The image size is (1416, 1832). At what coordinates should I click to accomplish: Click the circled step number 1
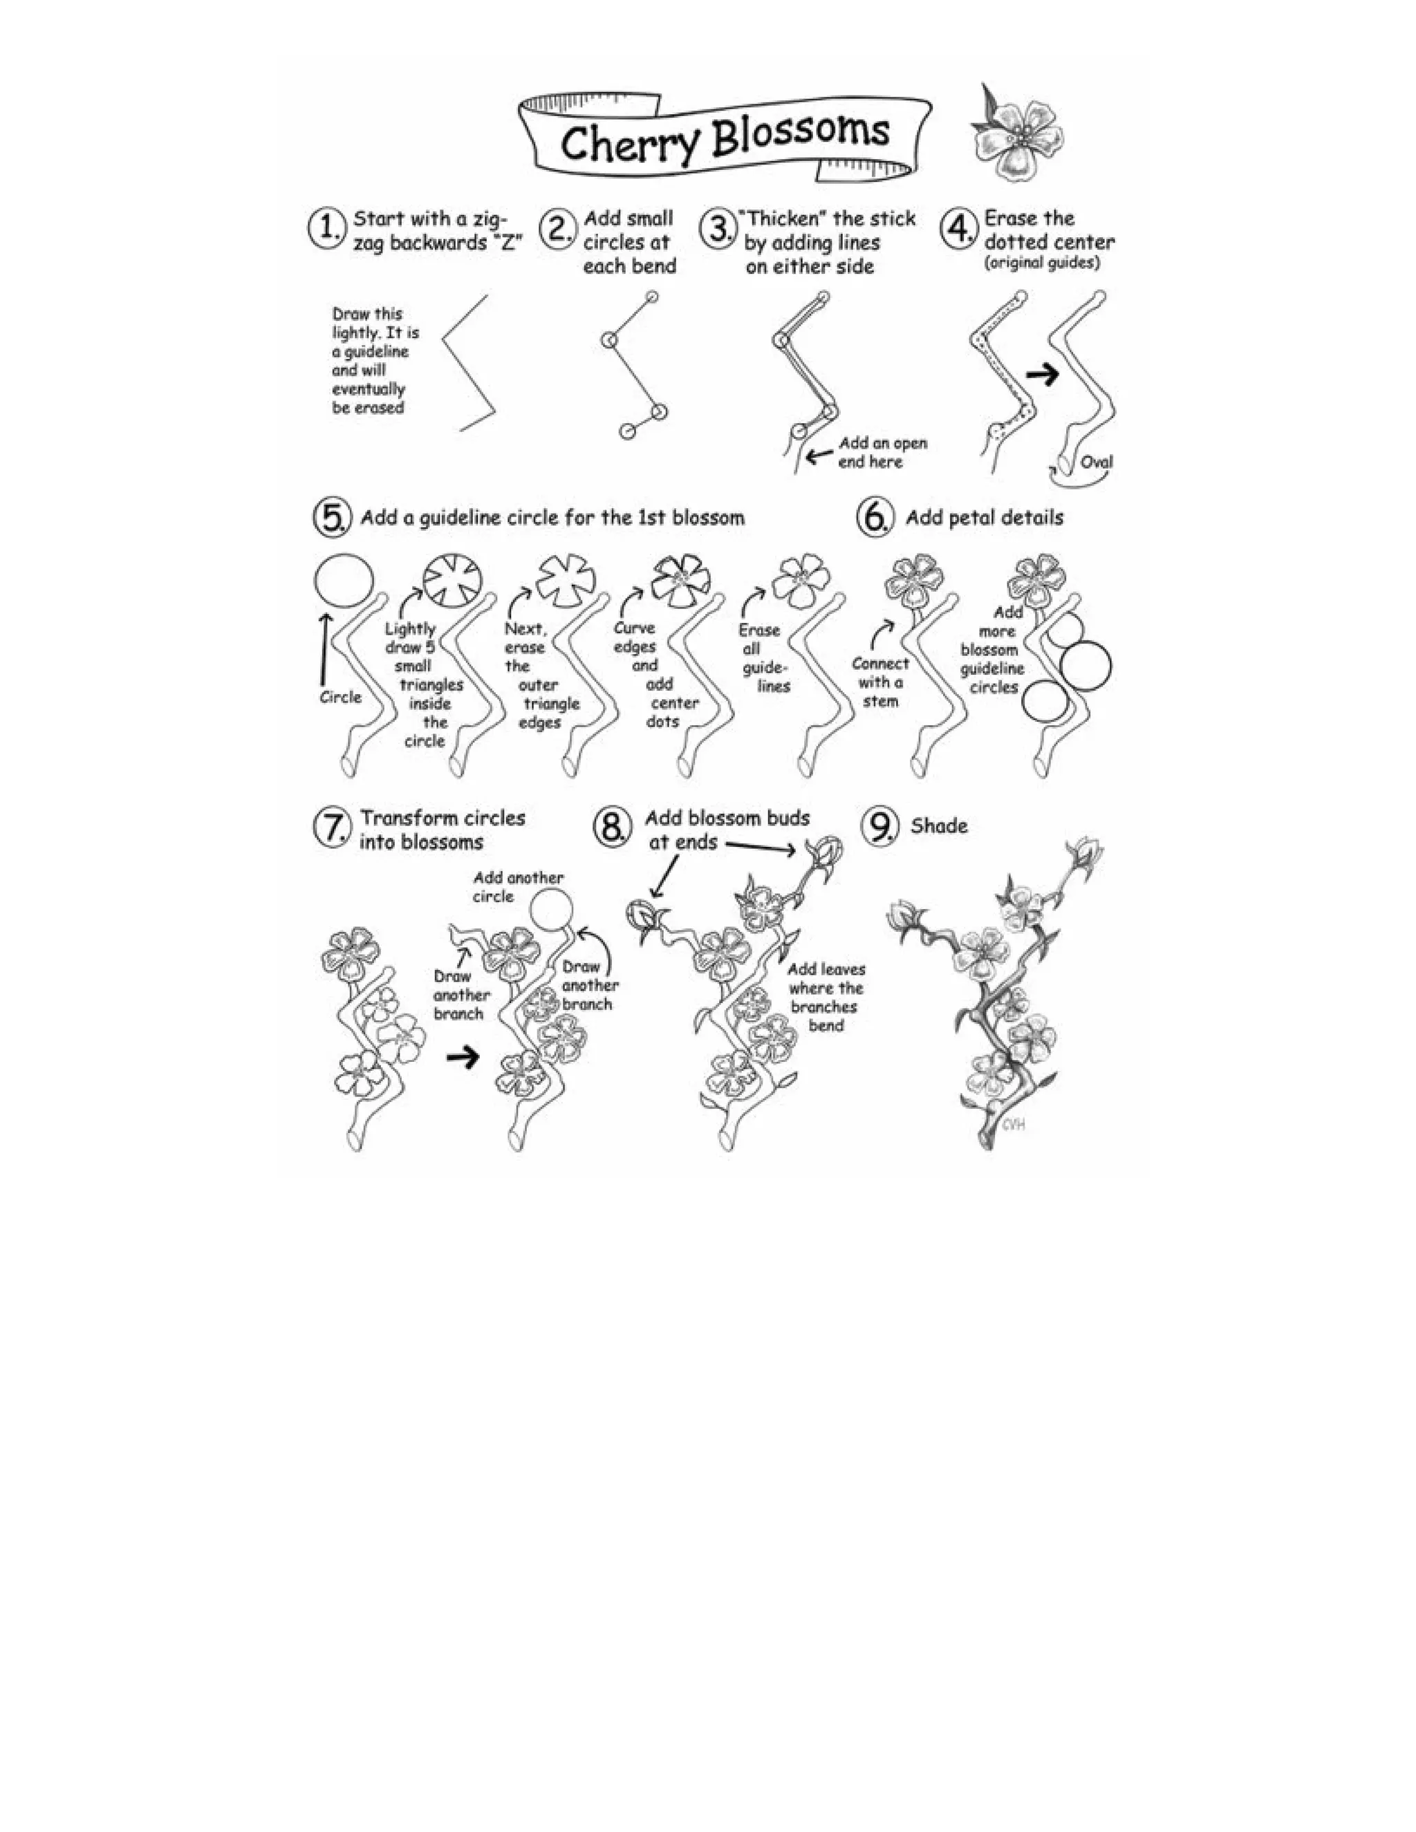coord(326,228)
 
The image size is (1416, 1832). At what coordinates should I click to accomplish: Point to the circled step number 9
coord(880,827)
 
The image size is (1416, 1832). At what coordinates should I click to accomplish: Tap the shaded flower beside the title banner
coord(1016,134)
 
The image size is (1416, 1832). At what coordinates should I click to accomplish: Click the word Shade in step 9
coord(939,826)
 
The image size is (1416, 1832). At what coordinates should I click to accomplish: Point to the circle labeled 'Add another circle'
coord(553,912)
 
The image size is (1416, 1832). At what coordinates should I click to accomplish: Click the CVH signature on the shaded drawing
coord(1014,1124)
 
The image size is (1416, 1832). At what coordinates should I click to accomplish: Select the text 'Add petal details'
coord(984,518)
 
